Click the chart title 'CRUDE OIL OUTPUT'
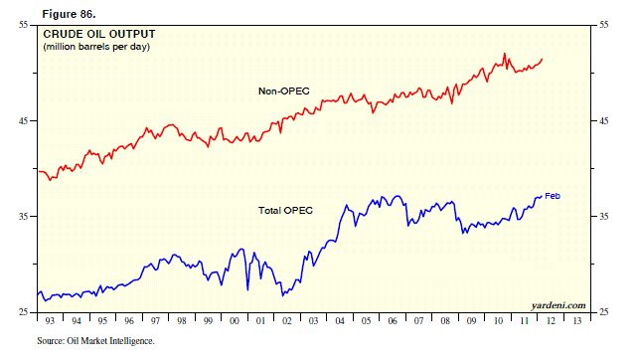point(98,34)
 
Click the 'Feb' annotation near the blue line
point(553,196)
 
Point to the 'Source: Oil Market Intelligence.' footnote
point(96,341)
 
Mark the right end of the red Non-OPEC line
point(543,60)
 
